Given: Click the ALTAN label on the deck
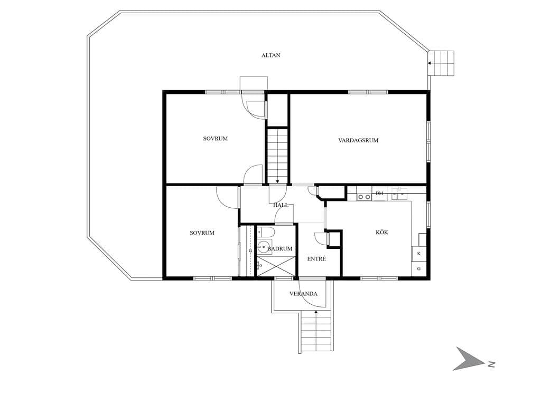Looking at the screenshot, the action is click(x=271, y=55).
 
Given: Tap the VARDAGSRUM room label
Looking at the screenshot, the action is click(x=358, y=140).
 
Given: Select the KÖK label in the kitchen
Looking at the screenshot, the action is click(x=382, y=232).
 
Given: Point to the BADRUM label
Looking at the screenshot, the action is click(x=280, y=248).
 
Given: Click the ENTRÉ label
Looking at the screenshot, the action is click(x=316, y=258).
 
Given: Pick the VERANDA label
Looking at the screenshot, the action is click(x=303, y=294).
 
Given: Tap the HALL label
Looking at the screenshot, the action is click(x=281, y=205).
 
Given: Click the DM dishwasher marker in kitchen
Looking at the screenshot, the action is click(x=379, y=193).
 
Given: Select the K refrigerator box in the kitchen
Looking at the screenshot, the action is click(x=419, y=254).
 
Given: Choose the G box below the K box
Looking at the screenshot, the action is click(x=419, y=268).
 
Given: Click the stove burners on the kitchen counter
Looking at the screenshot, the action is click(x=364, y=197).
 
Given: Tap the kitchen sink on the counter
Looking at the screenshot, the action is click(x=399, y=194).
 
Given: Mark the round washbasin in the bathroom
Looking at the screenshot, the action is click(x=264, y=247).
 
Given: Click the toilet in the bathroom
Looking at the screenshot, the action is click(x=266, y=232).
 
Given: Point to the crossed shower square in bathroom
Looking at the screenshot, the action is click(x=276, y=266).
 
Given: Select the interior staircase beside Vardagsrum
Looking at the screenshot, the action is click(x=277, y=155).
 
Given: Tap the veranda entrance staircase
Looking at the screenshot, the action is click(x=316, y=331).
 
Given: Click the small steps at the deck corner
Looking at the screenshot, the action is click(x=441, y=63).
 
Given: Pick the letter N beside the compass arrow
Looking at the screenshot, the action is click(x=491, y=364).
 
